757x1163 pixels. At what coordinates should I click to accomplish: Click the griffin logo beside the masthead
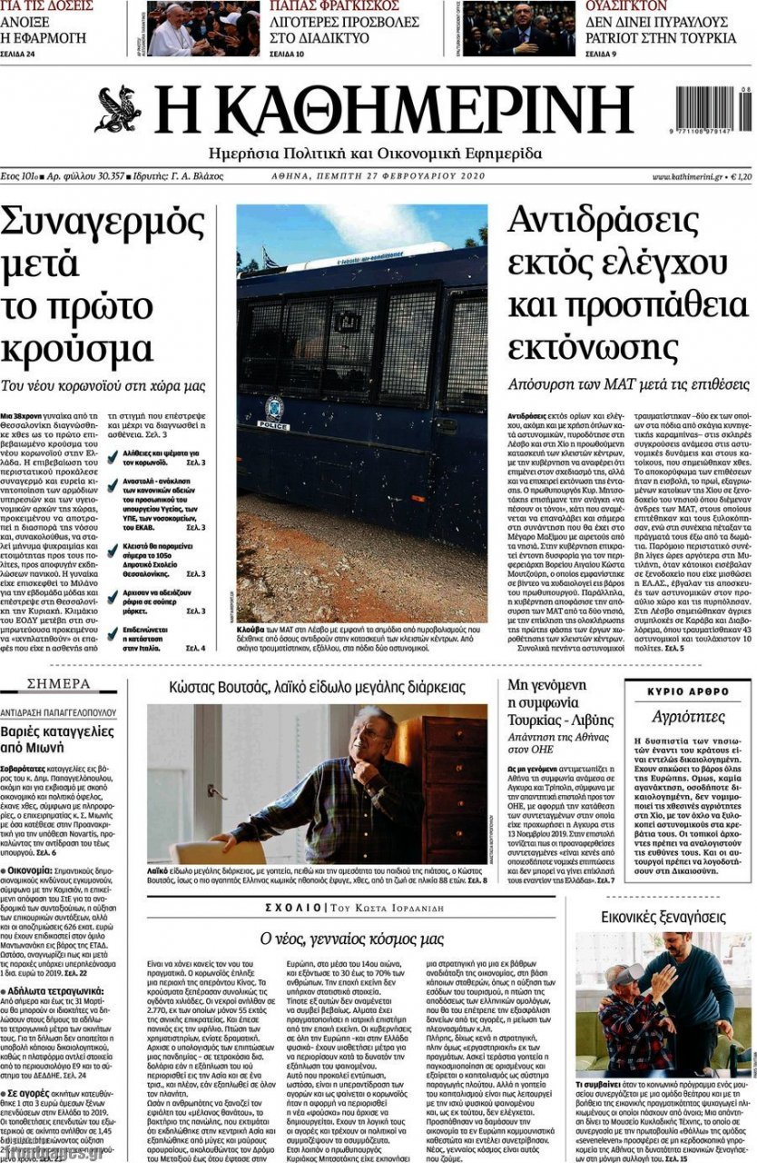117,110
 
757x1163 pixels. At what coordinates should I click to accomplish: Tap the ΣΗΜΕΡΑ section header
60,683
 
